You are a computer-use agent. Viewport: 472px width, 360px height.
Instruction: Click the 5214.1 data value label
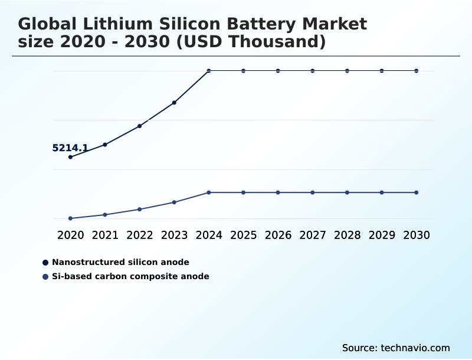(x=70, y=148)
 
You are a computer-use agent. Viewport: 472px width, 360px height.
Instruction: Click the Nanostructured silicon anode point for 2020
(x=70, y=157)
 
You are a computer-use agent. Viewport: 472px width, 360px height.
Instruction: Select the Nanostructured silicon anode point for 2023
(x=174, y=103)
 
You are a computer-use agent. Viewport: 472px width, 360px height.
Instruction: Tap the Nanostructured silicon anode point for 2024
(x=209, y=71)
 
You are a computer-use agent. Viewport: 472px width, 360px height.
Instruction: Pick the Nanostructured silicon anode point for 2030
(x=417, y=71)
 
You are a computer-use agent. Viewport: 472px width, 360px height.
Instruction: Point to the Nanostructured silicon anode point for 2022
(x=140, y=126)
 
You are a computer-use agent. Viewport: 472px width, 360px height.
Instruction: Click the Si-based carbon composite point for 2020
(x=70, y=218)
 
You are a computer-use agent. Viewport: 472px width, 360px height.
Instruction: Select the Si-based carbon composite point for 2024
(x=209, y=192)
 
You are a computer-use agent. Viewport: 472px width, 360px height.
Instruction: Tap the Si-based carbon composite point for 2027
(x=313, y=192)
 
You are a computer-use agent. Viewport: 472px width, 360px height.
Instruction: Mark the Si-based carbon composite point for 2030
(x=417, y=192)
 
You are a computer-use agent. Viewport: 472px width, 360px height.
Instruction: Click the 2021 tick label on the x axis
(x=105, y=235)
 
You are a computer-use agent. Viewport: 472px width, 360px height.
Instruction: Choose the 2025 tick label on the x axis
(x=243, y=235)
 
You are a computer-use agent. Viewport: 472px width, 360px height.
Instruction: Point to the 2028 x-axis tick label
(x=347, y=235)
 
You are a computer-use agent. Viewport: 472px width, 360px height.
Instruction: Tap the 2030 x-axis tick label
(x=417, y=235)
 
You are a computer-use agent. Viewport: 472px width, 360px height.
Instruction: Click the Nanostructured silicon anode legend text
(x=120, y=262)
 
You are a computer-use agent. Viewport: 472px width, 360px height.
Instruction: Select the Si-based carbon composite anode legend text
(x=130, y=276)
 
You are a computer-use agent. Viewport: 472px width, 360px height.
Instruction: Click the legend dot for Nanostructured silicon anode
(x=45, y=262)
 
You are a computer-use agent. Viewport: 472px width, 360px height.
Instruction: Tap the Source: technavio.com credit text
(x=396, y=348)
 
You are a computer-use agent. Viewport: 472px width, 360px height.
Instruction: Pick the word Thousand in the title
(x=272, y=42)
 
